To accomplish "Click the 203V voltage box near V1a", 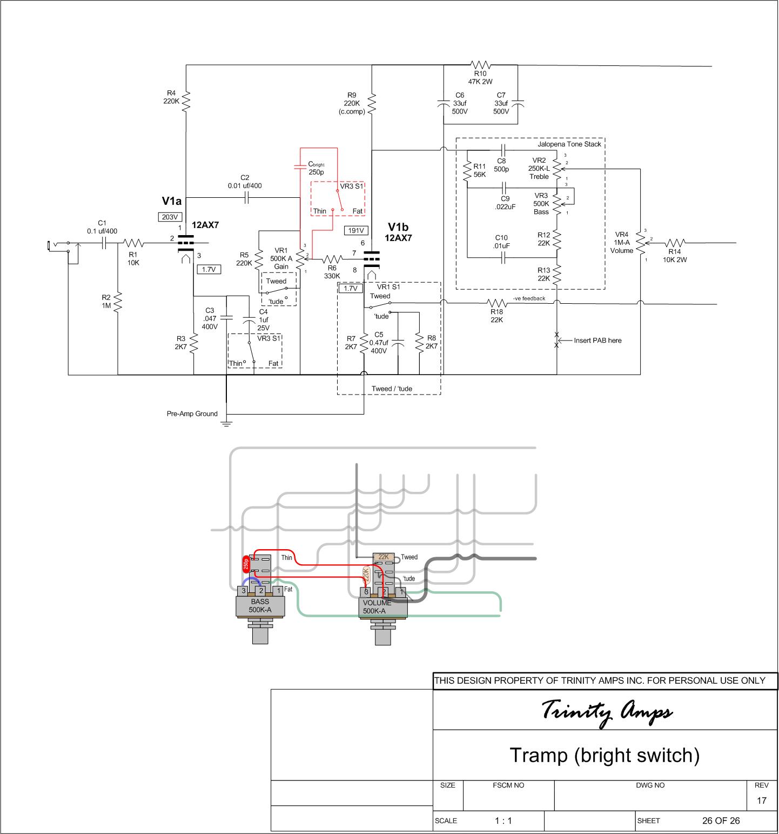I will click(170, 217).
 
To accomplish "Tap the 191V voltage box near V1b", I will click(356, 231).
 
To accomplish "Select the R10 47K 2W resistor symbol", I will click(480, 65).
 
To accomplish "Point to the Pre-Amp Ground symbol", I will click(226, 422).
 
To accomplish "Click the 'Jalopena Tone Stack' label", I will click(569, 144).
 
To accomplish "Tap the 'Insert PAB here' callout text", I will click(597, 341).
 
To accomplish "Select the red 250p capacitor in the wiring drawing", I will click(246, 564).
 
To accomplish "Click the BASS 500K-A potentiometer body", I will click(260, 606).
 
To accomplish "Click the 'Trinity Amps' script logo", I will click(607, 711).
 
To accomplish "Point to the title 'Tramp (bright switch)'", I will click(605, 755).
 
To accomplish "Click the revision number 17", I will click(761, 800).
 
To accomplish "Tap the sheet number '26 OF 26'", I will click(721, 820).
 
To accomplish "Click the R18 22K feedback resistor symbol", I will click(496, 303).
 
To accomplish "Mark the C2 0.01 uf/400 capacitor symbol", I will click(246, 198).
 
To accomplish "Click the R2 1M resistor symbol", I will click(118, 302).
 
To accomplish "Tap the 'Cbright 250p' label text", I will click(316, 168).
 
